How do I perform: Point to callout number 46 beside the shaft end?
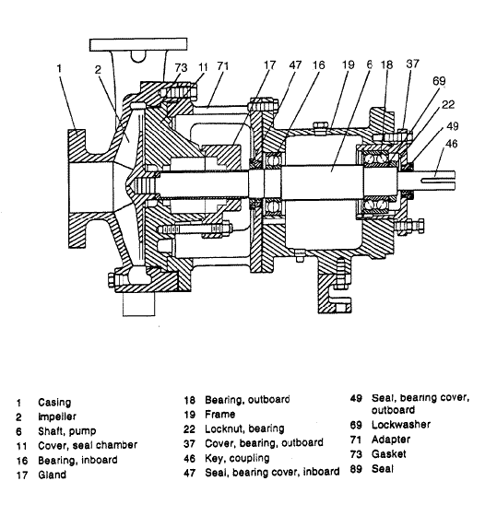coord(452,144)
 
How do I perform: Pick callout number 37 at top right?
coord(412,65)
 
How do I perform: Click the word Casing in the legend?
coord(53,403)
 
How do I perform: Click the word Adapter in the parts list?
coord(391,440)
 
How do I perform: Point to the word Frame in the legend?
coord(222,414)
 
